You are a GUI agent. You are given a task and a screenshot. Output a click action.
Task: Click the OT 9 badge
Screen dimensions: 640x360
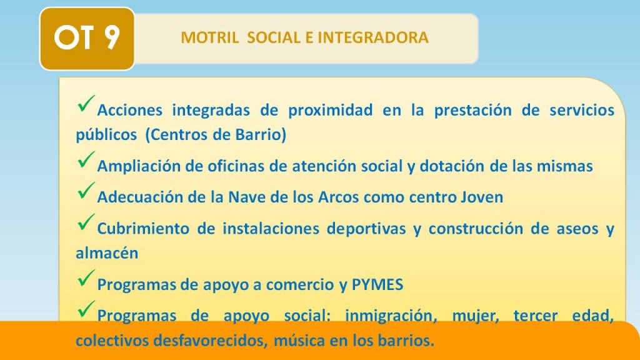[87, 38]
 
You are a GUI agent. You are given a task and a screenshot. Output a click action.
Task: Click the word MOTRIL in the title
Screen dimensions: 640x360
[210, 38]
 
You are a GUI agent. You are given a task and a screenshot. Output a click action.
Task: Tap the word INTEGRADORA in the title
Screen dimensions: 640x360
[373, 38]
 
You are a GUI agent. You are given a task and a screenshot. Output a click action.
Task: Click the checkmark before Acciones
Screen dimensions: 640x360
[86, 104]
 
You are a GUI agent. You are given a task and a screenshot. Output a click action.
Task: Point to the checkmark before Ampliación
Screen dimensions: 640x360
[86, 159]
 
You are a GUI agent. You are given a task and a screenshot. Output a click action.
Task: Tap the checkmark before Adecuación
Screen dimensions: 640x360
[86, 191]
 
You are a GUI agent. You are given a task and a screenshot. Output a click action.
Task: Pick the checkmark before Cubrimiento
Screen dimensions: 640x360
[86, 222]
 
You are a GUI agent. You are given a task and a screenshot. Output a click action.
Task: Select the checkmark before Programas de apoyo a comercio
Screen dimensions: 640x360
[86, 278]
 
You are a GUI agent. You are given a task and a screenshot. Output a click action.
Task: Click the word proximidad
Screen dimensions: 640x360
[330, 111]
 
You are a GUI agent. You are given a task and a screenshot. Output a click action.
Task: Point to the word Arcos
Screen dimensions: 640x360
[338, 197]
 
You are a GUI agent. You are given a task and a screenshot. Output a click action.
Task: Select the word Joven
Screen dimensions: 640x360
[482, 197]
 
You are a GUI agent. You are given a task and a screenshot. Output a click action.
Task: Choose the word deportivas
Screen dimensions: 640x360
[366, 229]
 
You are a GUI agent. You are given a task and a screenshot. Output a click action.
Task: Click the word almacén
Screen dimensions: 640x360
[107, 253]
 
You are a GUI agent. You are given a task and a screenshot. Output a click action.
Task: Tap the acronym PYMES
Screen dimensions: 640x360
[377, 284]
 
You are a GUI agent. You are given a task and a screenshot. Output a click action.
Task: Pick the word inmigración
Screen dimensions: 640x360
[391, 316]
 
